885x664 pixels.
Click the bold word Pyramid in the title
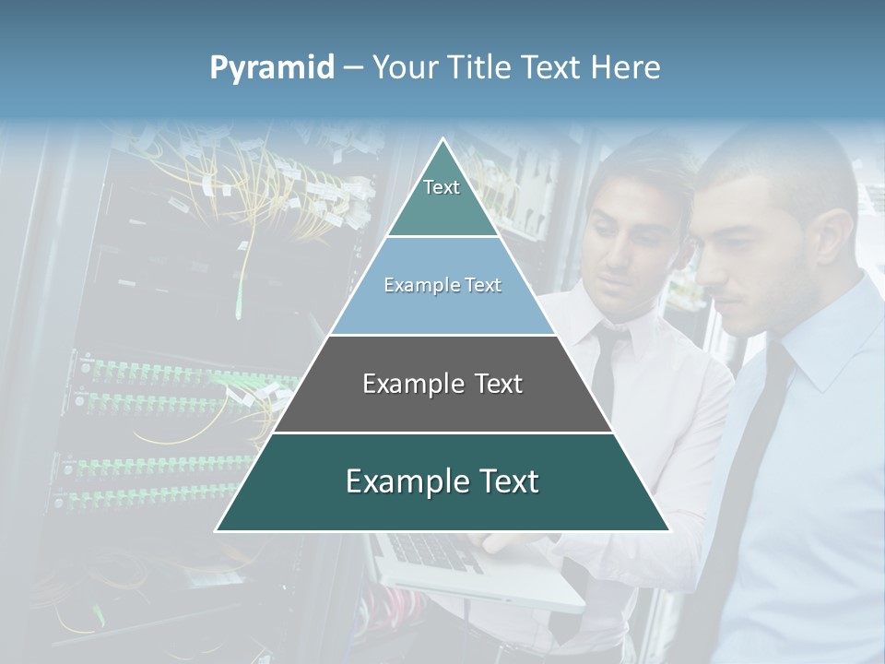coord(272,68)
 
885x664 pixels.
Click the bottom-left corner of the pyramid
coord(218,529)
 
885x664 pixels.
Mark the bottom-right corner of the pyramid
coord(667,529)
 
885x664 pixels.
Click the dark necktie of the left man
coord(604,369)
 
